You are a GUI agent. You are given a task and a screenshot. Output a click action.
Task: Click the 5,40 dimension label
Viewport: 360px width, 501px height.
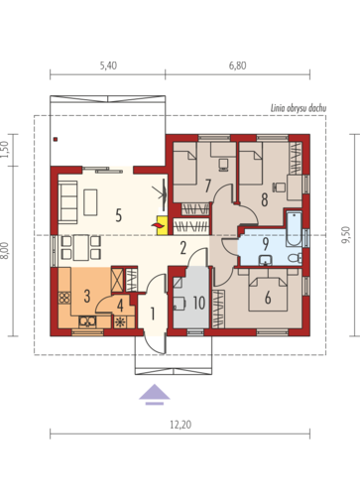[108, 65]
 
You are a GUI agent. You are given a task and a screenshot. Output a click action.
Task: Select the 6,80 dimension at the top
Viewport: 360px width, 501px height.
[237, 65]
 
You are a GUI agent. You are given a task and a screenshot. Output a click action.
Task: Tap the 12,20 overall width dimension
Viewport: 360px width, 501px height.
[180, 425]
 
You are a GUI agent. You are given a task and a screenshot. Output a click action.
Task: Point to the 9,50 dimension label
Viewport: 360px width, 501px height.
[345, 235]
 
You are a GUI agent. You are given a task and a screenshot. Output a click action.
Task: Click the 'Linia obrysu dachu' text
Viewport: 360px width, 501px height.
[299, 108]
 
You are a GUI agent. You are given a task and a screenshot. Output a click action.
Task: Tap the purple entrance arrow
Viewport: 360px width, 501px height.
[155, 395]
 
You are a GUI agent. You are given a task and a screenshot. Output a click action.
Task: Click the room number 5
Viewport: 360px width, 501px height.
[119, 215]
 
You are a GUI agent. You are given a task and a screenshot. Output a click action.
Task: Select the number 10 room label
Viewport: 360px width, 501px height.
[199, 303]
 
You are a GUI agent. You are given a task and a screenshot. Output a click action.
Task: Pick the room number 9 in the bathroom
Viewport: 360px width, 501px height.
[266, 244]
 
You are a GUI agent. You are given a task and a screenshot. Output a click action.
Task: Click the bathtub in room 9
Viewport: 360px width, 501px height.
[294, 228]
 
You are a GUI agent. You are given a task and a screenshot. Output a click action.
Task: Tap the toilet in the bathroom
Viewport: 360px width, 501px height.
[295, 257]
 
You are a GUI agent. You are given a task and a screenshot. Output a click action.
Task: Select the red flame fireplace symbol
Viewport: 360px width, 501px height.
[158, 225]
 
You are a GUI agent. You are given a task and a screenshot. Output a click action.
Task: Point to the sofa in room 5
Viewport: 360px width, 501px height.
[68, 200]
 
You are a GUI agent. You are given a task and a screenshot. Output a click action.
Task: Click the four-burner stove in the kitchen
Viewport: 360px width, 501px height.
[64, 298]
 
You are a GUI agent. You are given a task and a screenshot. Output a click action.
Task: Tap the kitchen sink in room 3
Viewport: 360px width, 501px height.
[87, 321]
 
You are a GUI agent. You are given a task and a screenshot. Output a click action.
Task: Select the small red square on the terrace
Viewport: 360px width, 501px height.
[56, 139]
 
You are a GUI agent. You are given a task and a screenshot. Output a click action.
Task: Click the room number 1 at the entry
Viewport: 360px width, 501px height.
[153, 313]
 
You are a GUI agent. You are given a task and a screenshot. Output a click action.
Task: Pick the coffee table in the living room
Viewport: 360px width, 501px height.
[90, 202]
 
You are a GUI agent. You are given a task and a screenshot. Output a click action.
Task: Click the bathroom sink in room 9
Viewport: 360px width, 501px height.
[265, 260]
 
